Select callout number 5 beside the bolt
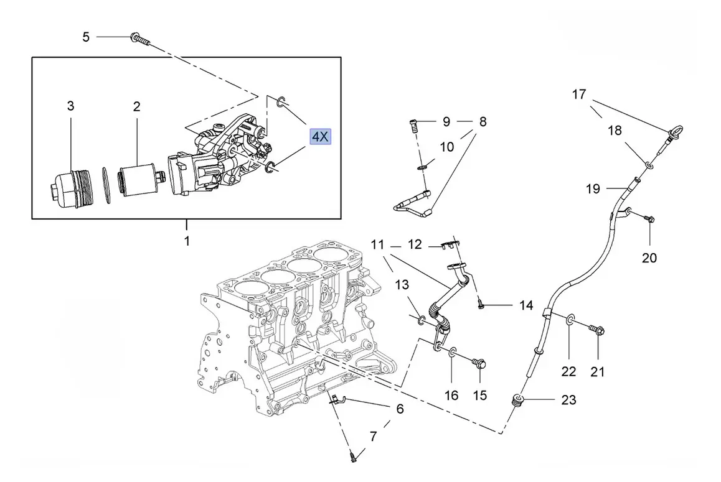pyautogui.click(x=86, y=37)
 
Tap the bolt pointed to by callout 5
pyautogui.click(x=140, y=39)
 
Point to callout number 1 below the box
pyautogui.click(x=186, y=241)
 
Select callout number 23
pyautogui.click(x=569, y=400)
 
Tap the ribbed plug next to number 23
pyautogui.click(x=517, y=401)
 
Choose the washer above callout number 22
pyautogui.click(x=570, y=321)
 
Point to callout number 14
pyautogui.click(x=526, y=305)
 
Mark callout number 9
pyautogui.click(x=446, y=122)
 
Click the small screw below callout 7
pyautogui.click(x=353, y=458)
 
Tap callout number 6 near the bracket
pyautogui.click(x=400, y=409)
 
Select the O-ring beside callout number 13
pyautogui.click(x=422, y=320)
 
